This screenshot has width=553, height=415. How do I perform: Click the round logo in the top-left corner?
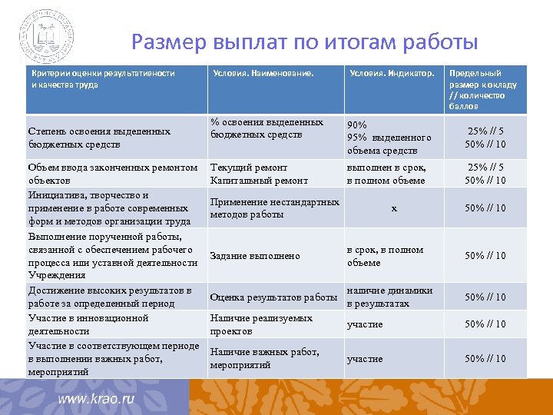click(47, 36)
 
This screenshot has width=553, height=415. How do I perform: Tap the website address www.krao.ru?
click(97, 400)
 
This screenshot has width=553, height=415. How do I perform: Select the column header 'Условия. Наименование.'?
click(263, 74)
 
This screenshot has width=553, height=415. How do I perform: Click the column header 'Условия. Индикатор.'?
click(392, 74)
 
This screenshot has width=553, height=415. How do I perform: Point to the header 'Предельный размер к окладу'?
click(482, 85)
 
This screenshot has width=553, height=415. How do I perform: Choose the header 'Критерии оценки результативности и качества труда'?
click(103, 78)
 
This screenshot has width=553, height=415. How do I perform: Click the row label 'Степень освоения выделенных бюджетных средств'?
click(99, 138)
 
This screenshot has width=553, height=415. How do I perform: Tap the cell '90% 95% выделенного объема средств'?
click(389, 138)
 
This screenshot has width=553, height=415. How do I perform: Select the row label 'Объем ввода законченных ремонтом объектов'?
click(112, 174)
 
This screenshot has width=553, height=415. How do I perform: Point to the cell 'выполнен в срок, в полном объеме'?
click(386, 174)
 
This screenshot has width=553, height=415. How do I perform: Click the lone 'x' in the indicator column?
click(394, 208)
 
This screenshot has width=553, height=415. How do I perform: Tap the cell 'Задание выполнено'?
click(254, 256)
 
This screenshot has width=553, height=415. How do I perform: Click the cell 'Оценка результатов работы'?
click(273, 297)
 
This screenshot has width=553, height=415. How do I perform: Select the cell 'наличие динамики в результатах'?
click(389, 297)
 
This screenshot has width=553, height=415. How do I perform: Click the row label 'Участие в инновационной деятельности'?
click(88, 324)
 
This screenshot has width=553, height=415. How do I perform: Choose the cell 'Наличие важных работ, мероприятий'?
click(264, 358)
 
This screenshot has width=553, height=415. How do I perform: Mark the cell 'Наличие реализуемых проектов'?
click(261, 324)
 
